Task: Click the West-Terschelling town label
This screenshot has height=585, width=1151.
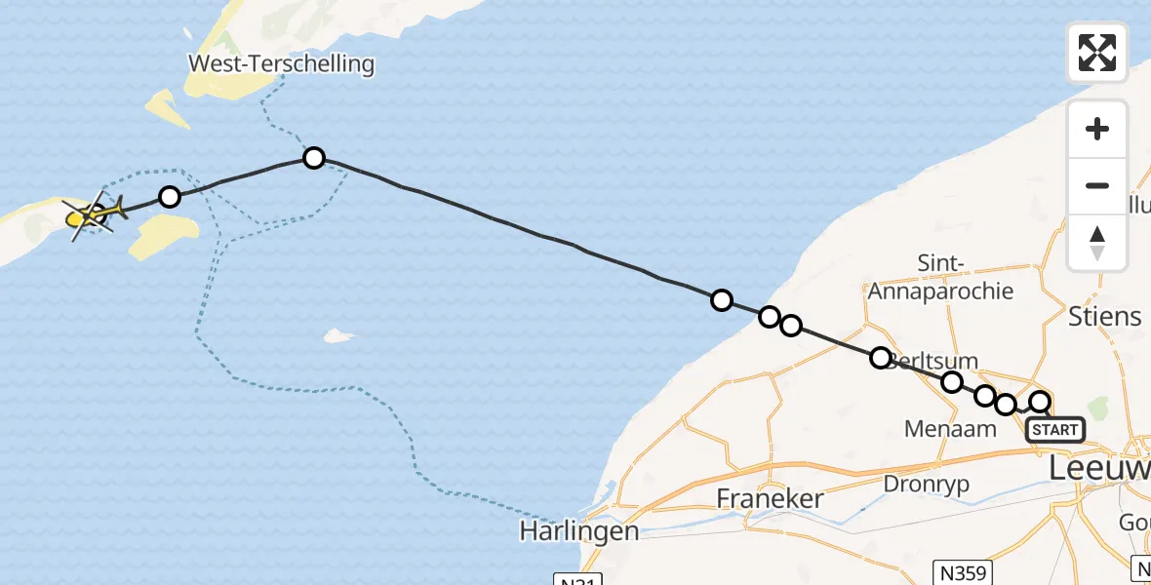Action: (x=281, y=65)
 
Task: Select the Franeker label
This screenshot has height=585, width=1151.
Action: (x=771, y=498)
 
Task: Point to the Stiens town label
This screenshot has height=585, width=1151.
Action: (x=1104, y=316)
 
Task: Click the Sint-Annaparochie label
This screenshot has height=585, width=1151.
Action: (x=940, y=277)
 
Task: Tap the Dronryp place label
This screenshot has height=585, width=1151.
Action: (x=930, y=483)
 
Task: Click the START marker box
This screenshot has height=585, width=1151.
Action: (x=1054, y=430)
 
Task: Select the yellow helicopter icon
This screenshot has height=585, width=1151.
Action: (x=95, y=214)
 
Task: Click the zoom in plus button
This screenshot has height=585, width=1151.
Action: (x=1097, y=130)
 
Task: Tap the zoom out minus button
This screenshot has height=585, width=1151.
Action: (x=1097, y=185)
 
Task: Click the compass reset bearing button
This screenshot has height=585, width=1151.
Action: (x=1097, y=243)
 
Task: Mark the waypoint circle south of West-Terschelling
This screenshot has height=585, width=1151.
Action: (x=313, y=158)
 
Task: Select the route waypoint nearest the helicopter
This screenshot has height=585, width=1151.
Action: (x=170, y=198)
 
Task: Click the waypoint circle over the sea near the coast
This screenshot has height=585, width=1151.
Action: (x=721, y=300)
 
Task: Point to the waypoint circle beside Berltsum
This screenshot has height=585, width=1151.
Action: (x=881, y=358)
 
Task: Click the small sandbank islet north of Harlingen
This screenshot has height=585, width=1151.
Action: (x=337, y=336)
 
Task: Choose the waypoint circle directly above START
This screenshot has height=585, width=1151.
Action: (x=1040, y=402)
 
